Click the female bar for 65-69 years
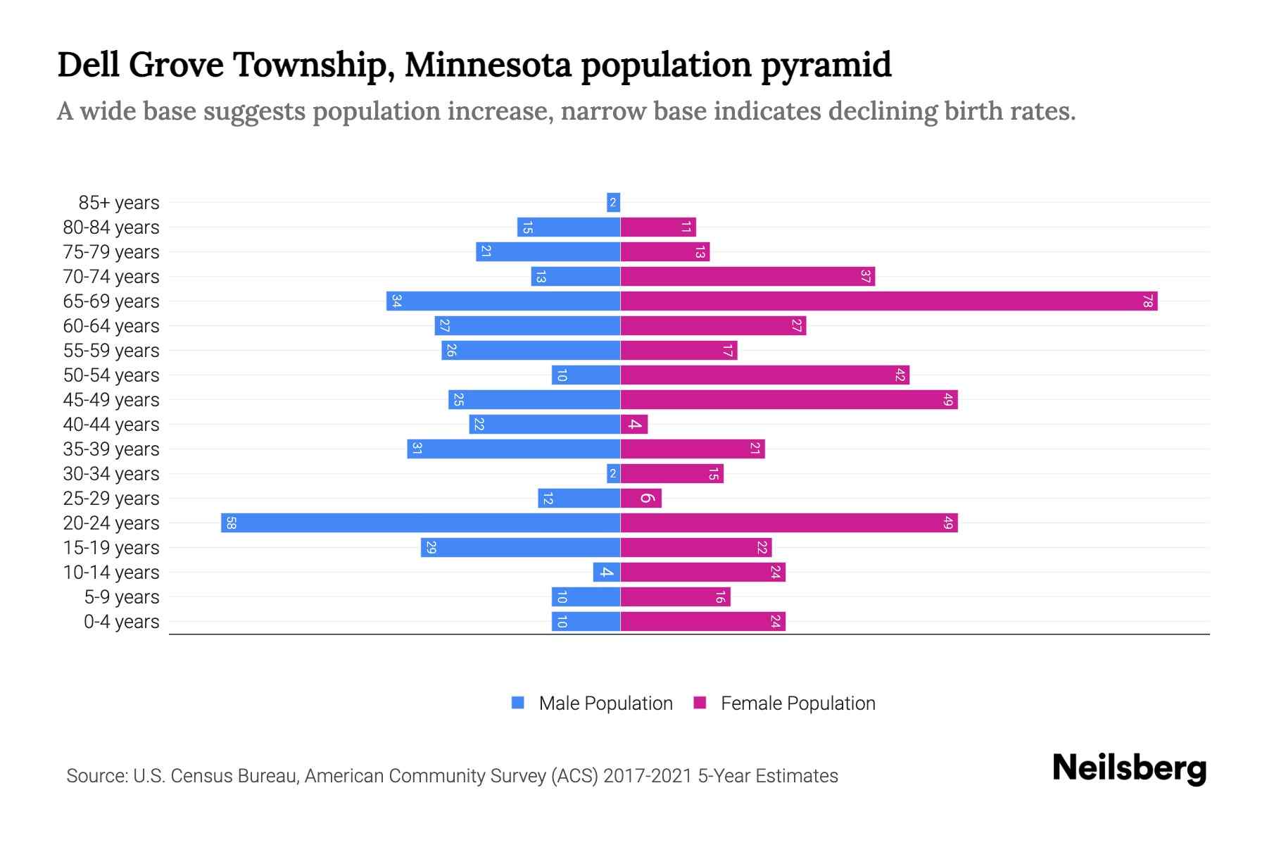tap(888, 301)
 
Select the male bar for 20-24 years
tap(420, 523)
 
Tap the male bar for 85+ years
tap(613, 203)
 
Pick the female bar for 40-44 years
tap(633, 425)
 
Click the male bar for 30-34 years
tap(613, 474)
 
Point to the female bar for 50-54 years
tap(764, 375)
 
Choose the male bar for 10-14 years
tap(606, 572)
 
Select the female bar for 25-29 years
tap(641, 499)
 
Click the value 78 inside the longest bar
tap(1147, 301)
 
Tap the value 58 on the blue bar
tap(231, 523)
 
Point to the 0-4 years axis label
tap(121, 622)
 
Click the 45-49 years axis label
tap(111, 400)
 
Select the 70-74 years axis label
tap(111, 277)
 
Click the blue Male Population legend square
tap(518, 703)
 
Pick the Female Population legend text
tap(798, 703)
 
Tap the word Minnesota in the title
tap(488, 65)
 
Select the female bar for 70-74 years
tap(747, 277)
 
